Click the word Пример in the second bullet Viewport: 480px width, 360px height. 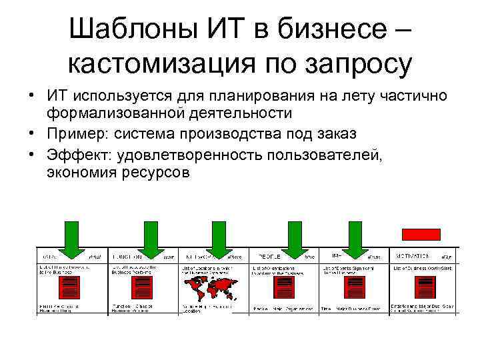[75, 133]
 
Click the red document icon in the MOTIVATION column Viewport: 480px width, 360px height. [422, 288]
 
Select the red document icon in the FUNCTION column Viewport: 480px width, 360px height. [142, 288]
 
